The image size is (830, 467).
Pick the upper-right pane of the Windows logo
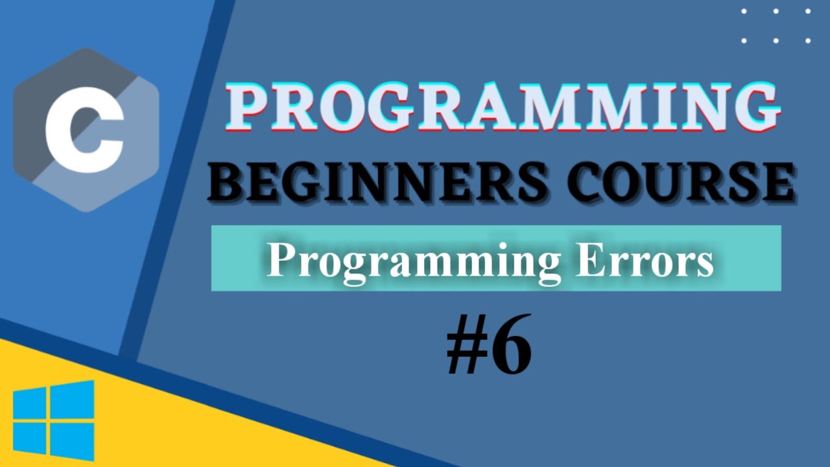[x=72, y=398]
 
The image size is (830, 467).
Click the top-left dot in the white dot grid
[x=744, y=11]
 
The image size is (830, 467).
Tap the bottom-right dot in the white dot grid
[x=808, y=40]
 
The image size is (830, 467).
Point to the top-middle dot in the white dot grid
[x=776, y=11]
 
